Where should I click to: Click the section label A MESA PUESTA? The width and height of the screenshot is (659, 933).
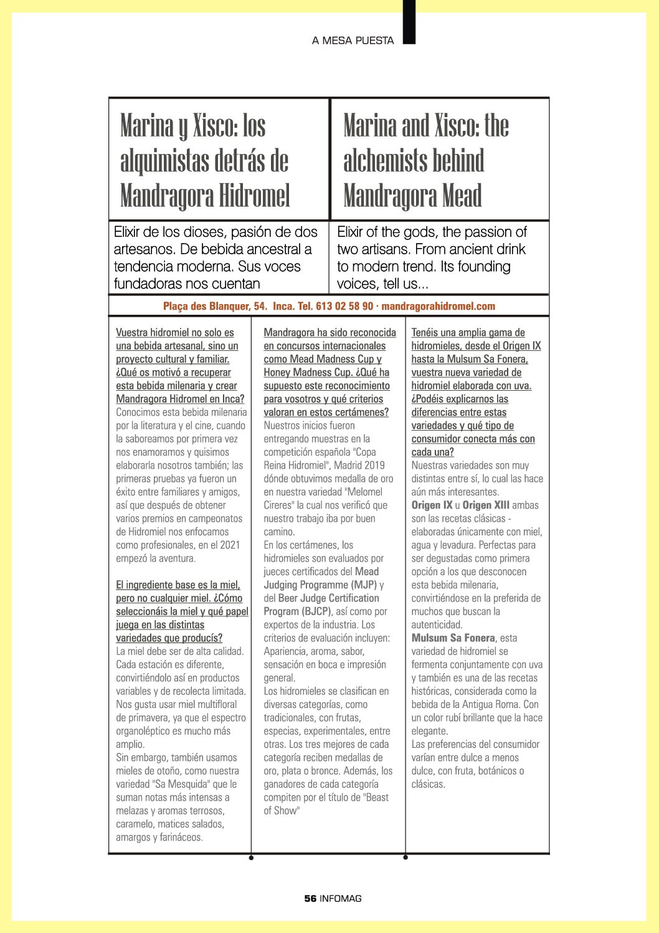353,41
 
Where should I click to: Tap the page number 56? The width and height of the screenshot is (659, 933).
310,898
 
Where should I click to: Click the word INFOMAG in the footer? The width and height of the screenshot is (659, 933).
341,898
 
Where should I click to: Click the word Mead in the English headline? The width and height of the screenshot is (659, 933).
462,196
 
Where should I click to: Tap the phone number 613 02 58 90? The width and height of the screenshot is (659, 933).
344,306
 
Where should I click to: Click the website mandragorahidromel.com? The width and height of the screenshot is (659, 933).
439,306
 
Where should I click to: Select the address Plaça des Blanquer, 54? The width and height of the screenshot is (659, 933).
215,306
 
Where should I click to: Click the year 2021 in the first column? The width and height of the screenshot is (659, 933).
230,545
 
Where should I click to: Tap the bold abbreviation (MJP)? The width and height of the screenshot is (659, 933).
364,585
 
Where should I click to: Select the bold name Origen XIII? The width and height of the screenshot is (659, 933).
486,505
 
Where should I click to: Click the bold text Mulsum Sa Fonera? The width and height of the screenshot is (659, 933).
453,638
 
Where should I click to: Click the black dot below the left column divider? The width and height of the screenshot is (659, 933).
251,858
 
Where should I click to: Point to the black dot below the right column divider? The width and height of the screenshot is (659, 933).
405,858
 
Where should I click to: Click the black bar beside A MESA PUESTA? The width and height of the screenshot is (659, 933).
409,22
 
